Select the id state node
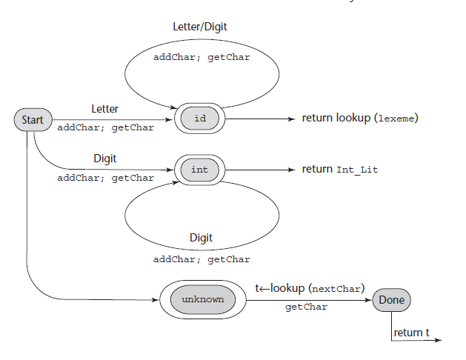coord(200,119)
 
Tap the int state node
coord(200,170)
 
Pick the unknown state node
coord(203,299)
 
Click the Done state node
coord(391,300)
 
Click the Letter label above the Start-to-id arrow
coord(104,109)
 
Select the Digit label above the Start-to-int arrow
coord(104,159)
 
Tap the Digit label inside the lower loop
coord(201,238)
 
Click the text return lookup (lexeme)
coord(360,119)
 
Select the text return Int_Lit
coord(340,170)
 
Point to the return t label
coord(412,333)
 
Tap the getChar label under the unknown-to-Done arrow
coord(306,307)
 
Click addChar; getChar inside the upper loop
coord(202,57)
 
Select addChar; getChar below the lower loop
coord(202,259)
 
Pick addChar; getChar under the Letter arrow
coord(105,127)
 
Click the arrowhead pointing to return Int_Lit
coord(291,170)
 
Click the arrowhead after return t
coord(439,341)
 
